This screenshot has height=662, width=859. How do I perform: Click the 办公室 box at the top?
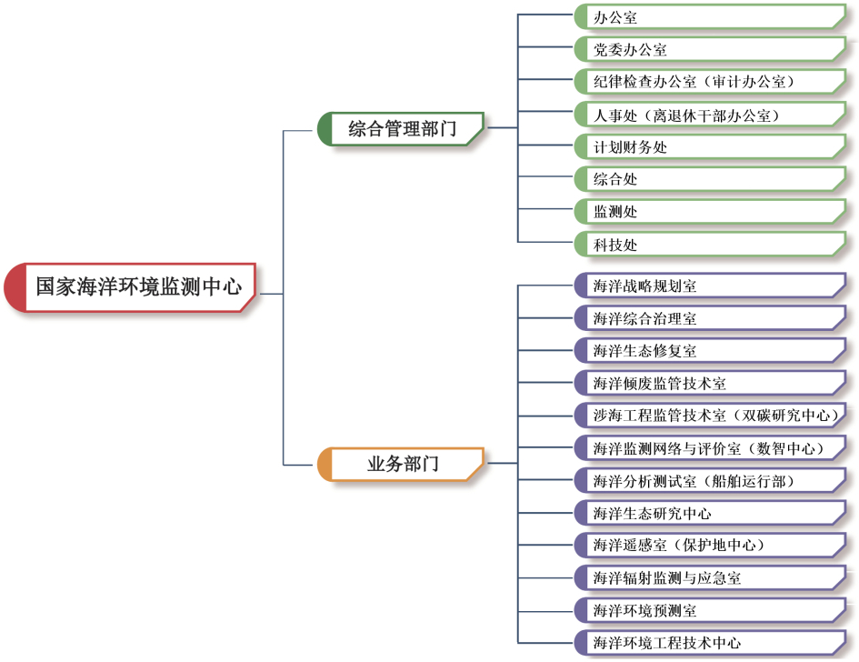tap(709, 16)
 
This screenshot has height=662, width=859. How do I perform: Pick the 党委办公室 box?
tap(709, 49)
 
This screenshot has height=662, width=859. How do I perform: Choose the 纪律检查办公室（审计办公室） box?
tap(709, 82)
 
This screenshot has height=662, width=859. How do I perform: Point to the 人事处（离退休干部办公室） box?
tap(709, 115)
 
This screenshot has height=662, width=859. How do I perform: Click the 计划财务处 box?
tap(709, 146)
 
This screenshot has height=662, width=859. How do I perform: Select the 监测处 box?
tap(709, 211)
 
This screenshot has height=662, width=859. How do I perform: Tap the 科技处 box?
tap(709, 244)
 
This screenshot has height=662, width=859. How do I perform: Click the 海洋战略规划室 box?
tap(709, 286)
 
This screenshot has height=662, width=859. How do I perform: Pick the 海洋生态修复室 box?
tap(709, 350)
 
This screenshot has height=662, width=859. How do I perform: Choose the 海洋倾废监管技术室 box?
tap(709, 383)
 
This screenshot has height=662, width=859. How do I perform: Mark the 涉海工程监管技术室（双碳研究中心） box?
tap(709, 416)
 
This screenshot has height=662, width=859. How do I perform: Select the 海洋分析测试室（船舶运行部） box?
tap(709, 480)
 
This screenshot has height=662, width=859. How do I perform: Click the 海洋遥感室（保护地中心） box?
tap(709, 545)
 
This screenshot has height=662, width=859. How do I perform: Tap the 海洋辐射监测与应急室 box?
tap(709, 577)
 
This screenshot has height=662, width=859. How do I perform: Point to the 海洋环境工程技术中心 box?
tap(709, 642)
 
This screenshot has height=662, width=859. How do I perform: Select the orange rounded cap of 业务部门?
tap(325, 464)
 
